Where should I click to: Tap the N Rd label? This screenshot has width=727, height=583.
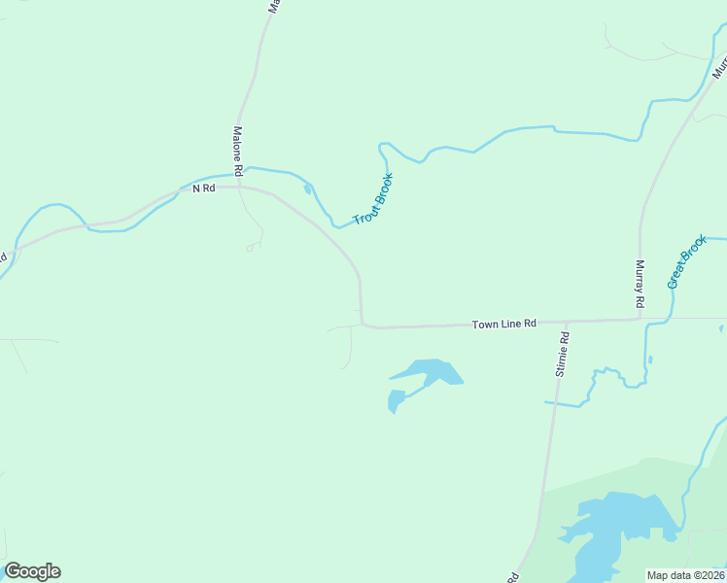coord(203,188)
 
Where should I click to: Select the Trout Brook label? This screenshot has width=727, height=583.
coord(373,199)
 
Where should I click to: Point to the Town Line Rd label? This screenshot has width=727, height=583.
coord(504,324)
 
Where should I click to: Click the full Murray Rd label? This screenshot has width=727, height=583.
coord(640,285)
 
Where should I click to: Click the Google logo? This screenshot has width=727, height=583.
coord(32,571)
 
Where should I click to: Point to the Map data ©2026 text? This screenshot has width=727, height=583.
coord(685,575)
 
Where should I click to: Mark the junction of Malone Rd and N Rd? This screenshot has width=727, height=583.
coord(239,187)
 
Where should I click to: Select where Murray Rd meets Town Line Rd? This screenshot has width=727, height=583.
coord(640,319)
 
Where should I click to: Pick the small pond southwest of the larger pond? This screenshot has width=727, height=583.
coord(396,399)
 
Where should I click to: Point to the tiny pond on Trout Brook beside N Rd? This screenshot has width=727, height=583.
coord(308,189)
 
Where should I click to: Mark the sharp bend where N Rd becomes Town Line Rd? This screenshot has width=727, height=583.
coord(363,324)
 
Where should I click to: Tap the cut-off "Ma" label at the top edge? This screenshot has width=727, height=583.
coord(275,6)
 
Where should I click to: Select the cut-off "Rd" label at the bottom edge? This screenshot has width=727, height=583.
coord(511,577)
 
